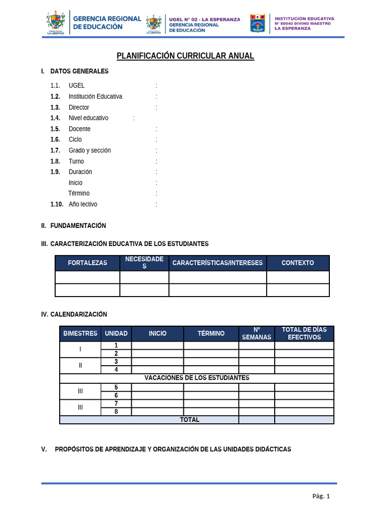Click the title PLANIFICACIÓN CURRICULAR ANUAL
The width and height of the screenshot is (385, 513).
[185, 56]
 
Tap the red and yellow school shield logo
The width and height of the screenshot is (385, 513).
[257, 23]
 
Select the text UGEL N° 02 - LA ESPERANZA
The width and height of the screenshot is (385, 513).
[205, 20]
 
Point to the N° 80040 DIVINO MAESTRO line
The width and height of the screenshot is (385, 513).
[302, 24]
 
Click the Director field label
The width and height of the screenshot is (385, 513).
[79, 107]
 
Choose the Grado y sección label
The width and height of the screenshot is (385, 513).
[90, 150]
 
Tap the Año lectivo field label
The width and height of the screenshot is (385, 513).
[83, 204]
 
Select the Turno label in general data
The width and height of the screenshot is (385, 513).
[76, 161]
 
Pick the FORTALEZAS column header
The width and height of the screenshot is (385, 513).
[87, 263]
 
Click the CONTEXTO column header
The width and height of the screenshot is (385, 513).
[298, 263]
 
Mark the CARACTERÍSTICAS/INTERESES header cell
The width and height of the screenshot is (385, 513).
[218, 263]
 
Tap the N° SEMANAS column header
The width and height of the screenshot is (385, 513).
[256, 334]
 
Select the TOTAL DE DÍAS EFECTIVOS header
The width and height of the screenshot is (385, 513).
[304, 334]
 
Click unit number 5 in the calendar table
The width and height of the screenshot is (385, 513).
[116, 387]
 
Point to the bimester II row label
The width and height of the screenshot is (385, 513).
[80, 366]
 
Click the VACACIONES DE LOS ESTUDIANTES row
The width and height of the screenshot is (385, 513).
[197, 378]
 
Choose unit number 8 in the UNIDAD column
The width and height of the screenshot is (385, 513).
[116, 412]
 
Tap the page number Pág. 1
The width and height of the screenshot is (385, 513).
[321, 496]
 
